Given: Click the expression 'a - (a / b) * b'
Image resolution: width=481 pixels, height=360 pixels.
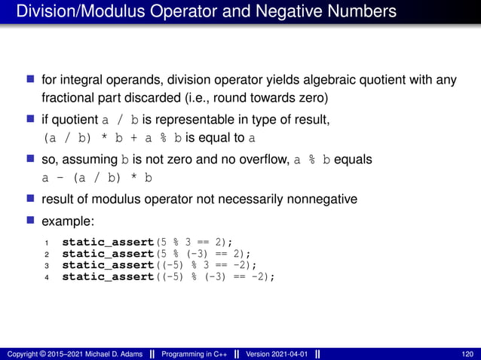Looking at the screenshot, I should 97,178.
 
